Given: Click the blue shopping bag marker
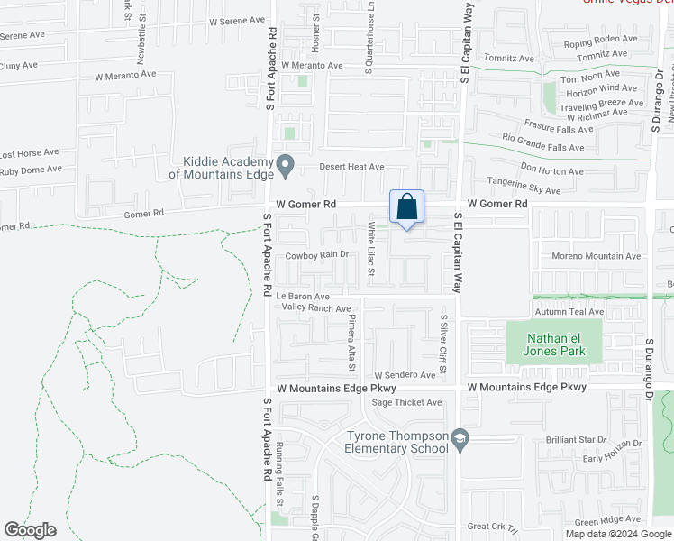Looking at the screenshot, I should pos(406,206).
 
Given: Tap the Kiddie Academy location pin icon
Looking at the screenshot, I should pos(286,165).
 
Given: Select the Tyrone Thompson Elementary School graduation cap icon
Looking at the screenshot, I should pos(460,439).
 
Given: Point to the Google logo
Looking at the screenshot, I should pos(31,530).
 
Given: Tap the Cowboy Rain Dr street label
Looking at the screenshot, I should pos(316,255).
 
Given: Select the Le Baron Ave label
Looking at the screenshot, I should pos(303,296).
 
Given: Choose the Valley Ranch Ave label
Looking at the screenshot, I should pos(316,308).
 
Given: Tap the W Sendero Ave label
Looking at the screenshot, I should pos(405,374).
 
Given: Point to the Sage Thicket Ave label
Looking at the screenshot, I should pos(406,402).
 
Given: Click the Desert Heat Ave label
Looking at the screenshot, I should pos(352,167).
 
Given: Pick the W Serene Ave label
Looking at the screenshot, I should pos(237,20).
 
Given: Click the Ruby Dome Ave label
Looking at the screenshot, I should pos(31,169).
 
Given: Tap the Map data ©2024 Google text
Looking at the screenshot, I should pos(619,534).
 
